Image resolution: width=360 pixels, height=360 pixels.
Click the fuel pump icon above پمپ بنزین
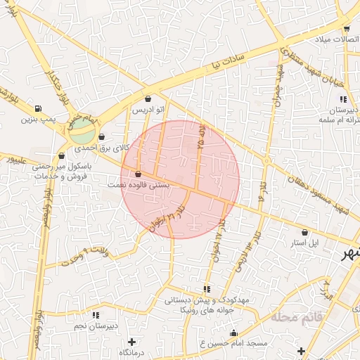pyautogui.click(x=36, y=109)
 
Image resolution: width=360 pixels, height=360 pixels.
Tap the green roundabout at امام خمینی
pyautogui.click(x=82, y=129)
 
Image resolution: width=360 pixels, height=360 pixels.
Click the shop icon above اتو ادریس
pyautogui.click(x=148, y=98)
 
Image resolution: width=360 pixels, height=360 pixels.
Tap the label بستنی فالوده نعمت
pyautogui.click(x=137, y=184)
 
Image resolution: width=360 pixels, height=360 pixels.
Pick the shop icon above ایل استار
pyautogui.click(x=304, y=232)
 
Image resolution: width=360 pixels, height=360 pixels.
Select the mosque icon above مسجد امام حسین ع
pyautogui.click(x=233, y=333)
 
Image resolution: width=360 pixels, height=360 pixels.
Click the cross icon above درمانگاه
pyautogui.click(x=131, y=342)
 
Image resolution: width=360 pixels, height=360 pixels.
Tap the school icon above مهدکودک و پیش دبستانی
pyautogui.click(x=206, y=289)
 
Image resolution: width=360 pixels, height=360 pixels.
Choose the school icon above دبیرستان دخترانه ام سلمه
pyautogui.click(x=342, y=99)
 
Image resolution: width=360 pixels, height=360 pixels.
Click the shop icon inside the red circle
pyautogui.click(x=137, y=174)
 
